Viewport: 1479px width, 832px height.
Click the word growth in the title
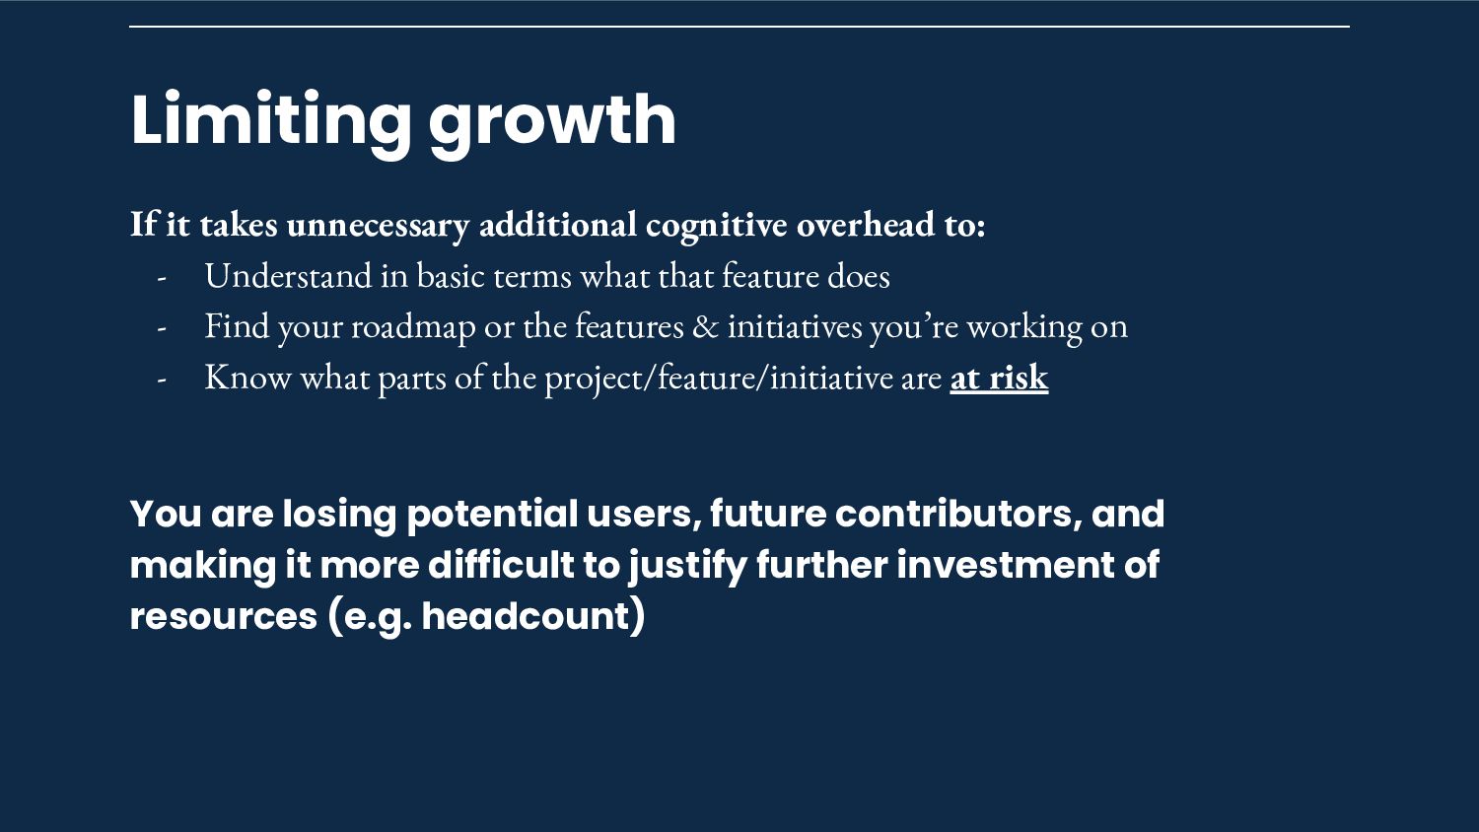tap(552, 123)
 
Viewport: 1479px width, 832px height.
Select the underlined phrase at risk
tap(999, 378)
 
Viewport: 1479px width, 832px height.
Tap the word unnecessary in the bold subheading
tap(378, 225)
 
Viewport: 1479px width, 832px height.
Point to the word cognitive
tap(717, 225)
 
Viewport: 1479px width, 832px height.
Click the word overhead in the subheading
tap(866, 225)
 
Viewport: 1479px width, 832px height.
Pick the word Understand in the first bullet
tap(289, 275)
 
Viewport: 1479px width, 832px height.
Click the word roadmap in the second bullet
tap(413, 327)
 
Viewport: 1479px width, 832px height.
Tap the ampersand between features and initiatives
tap(705, 327)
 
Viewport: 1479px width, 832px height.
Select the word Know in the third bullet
tap(247, 378)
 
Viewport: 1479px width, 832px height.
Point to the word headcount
tap(527, 616)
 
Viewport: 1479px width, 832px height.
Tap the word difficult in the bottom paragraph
tap(501, 565)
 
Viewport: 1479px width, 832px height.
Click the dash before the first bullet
tap(161, 278)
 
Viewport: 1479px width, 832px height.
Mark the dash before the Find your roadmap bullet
tap(161, 328)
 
